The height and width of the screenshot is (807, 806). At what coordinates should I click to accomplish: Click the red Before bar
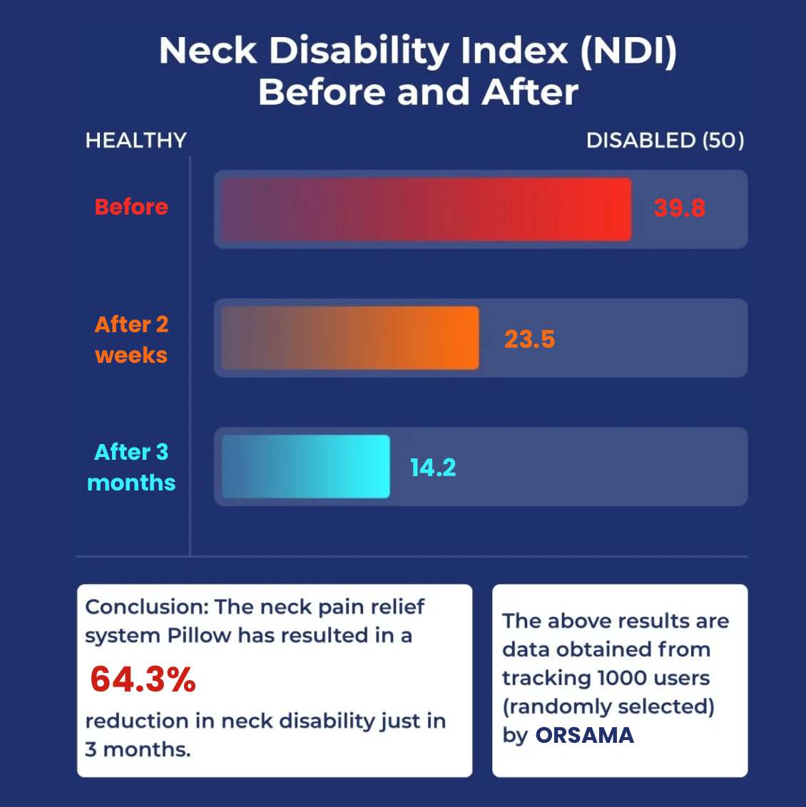[426, 209]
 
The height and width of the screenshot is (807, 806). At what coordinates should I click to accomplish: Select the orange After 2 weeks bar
[350, 338]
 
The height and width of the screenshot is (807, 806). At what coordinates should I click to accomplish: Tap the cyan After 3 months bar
[305, 466]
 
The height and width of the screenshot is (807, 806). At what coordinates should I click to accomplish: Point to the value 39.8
[679, 208]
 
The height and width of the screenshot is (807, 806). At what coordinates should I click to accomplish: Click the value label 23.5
[529, 339]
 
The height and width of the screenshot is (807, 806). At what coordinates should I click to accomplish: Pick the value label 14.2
[432, 468]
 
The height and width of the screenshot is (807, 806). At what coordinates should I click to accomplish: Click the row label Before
[131, 207]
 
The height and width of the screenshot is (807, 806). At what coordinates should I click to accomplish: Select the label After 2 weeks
[131, 339]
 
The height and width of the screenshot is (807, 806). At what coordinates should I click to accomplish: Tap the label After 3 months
[131, 467]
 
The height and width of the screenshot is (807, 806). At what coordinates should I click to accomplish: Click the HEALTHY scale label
[136, 140]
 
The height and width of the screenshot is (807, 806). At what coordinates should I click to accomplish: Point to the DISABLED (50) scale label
[665, 140]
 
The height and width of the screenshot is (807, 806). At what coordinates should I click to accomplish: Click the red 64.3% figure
[143, 679]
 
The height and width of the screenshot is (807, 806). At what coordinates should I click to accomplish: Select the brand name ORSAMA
[584, 735]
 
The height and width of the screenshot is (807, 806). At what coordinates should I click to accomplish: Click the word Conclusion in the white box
[146, 607]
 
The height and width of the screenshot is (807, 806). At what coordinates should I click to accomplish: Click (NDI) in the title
[628, 51]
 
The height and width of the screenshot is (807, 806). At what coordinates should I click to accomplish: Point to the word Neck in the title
[208, 51]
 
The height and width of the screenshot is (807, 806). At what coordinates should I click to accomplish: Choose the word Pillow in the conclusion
[199, 635]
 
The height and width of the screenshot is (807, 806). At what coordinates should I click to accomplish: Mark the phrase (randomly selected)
[608, 706]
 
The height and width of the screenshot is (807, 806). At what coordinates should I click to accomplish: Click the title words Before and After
[418, 93]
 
